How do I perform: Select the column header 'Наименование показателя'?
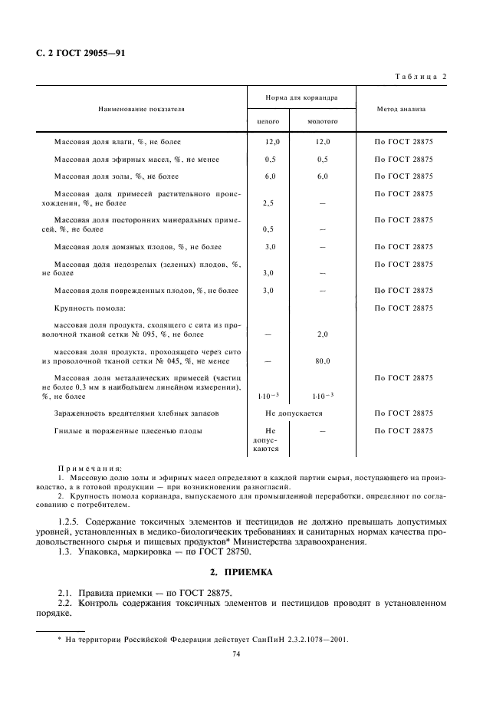140,109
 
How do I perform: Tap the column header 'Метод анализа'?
401,109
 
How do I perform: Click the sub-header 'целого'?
268,121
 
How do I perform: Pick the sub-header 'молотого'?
322,121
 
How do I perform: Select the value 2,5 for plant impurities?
268,203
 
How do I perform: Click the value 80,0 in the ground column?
322,360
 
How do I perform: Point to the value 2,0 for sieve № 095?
322,334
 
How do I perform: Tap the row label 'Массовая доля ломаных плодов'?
138,247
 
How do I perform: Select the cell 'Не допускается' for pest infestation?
294,413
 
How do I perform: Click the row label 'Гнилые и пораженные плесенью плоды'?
128,431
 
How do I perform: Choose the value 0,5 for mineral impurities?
268,229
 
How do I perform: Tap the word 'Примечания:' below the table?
91,467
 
